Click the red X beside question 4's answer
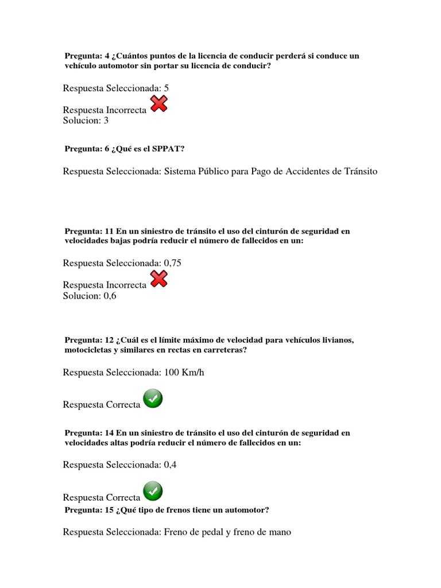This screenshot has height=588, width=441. pyautogui.click(x=158, y=104)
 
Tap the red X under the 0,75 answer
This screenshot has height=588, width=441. pyautogui.click(x=158, y=279)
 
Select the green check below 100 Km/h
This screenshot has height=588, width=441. pyautogui.click(x=153, y=399)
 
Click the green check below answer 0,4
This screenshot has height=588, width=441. pyautogui.click(x=153, y=492)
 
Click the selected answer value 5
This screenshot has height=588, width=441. pyautogui.click(x=167, y=88)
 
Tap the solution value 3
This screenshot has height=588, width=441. pyautogui.click(x=106, y=121)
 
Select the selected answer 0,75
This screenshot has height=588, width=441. pyautogui.click(x=173, y=263)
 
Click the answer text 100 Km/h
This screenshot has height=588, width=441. pyautogui.click(x=184, y=373)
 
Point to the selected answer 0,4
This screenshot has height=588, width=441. pyautogui.click(x=170, y=465)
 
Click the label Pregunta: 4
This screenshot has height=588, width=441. pyautogui.click(x=87, y=56)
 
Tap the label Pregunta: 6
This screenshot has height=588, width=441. pyautogui.click(x=87, y=149)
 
